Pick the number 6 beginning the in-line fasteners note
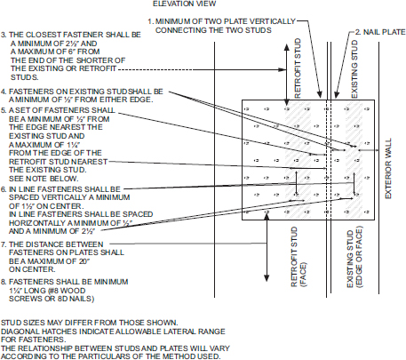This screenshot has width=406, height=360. (x=4, y=189)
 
